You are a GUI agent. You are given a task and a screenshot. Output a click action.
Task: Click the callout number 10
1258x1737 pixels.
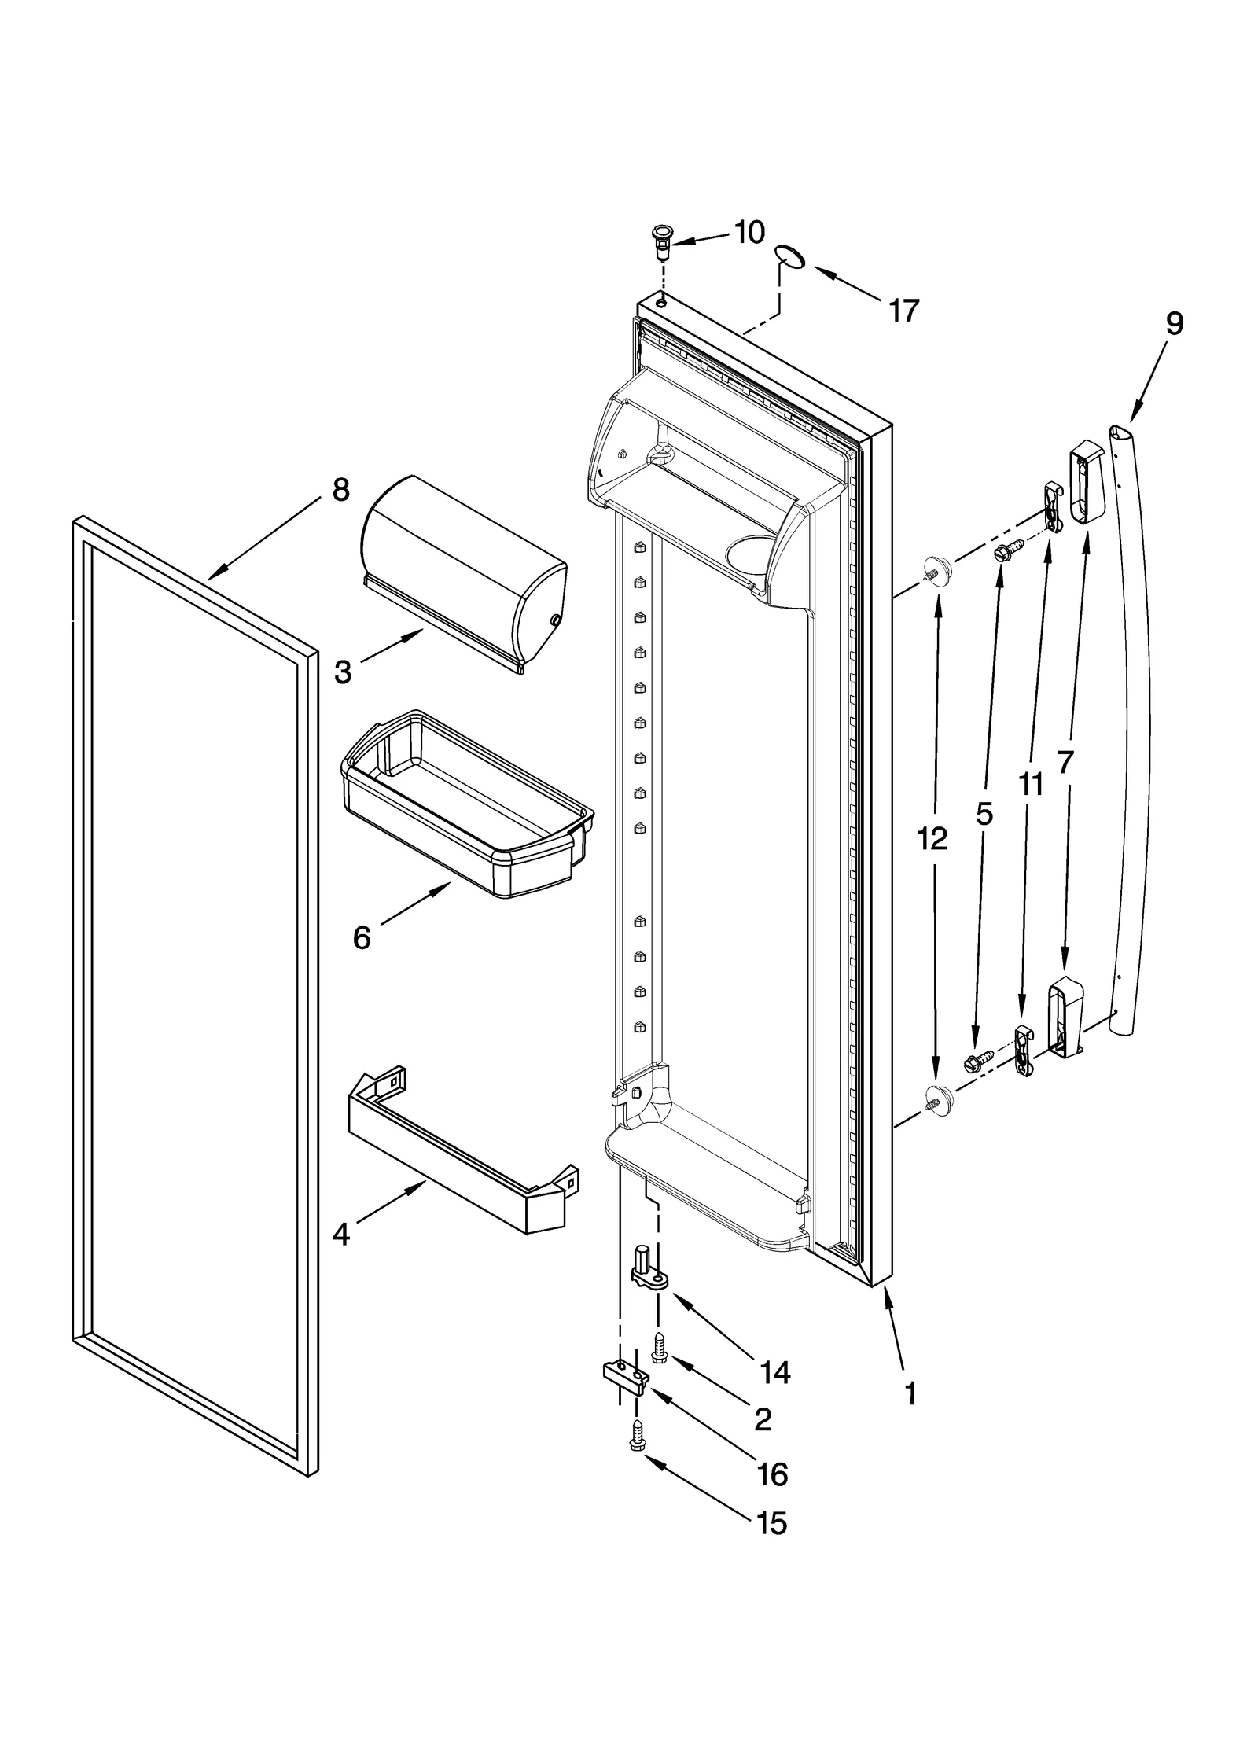pos(749,233)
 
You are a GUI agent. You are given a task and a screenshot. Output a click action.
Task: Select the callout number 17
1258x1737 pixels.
pos(903,311)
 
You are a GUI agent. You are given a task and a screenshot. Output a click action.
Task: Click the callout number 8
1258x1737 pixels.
pos(340,490)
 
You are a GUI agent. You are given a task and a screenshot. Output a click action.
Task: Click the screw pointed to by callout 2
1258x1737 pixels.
pos(660,1349)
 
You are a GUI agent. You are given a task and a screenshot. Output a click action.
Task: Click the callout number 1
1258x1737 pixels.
pos(910,1394)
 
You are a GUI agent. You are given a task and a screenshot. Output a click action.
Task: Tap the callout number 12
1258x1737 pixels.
pos(932,840)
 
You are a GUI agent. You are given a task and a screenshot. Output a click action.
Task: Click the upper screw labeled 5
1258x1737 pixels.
pos(1006,551)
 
